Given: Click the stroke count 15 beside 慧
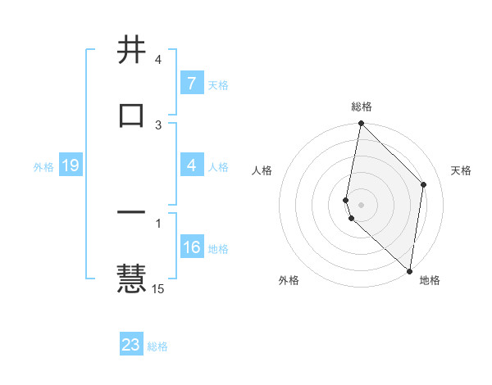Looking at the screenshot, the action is click(158, 288).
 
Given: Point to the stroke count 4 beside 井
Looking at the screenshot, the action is click(157, 60).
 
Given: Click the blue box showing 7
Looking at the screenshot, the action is click(192, 84).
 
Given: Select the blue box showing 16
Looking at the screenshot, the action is click(192, 247).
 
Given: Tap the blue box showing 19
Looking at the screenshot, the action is click(71, 165).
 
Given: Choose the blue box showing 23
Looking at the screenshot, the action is click(131, 345).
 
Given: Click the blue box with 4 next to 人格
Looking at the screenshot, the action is click(192, 165).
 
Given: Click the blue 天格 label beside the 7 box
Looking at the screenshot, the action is click(218, 84).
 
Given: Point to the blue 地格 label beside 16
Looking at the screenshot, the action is click(218, 248).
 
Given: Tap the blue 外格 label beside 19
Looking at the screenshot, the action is click(43, 166).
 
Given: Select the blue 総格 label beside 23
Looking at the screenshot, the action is click(157, 346).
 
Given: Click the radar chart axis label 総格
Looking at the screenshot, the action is click(362, 106).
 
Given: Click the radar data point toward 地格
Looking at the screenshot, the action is click(410, 270).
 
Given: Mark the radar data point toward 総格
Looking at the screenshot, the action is click(361, 124).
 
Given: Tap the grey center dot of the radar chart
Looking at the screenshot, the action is click(361, 204).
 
